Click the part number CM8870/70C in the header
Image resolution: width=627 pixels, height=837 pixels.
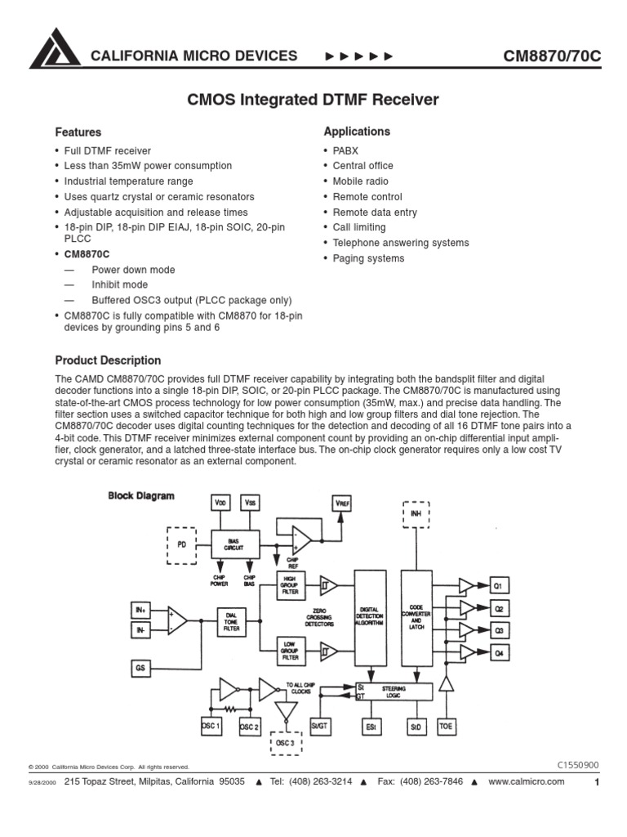[x=551, y=56]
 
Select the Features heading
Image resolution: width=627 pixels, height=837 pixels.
[x=78, y=132]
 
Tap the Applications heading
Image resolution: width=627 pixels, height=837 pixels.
[x=357, y=132]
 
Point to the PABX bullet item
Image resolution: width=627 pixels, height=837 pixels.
[x=345, y=151]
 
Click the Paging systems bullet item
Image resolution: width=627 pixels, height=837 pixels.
[x=368, y=258]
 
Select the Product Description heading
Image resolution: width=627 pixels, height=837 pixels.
[x=108, y=360]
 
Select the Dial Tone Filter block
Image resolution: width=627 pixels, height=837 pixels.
[x=232, y=623]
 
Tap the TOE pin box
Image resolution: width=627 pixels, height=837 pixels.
[x=446, y=725]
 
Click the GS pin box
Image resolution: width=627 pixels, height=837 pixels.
[x=140, y=669]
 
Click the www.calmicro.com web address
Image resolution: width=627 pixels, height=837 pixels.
[x=527, y=781]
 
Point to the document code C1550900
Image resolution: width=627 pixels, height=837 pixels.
[x=578, y=765]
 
